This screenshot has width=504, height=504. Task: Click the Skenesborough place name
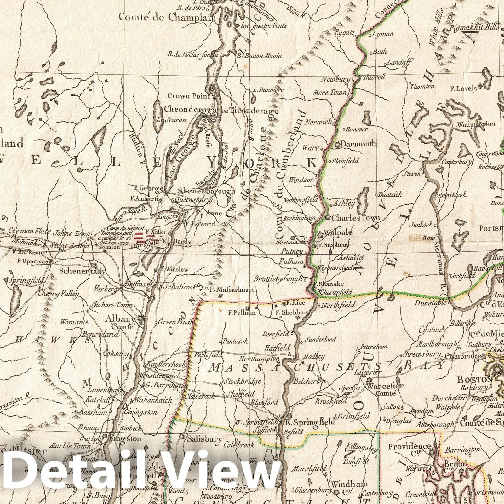pos(206,191)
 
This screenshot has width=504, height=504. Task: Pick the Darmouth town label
pos(358,144)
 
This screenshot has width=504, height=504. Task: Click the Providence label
pos(409,446)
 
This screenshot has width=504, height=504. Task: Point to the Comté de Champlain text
pos(168,18)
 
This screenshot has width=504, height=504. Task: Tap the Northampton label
pos(259,358)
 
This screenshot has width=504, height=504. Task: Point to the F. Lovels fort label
pos(463,89)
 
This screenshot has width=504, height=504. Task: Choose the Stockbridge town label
pos(242,381)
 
